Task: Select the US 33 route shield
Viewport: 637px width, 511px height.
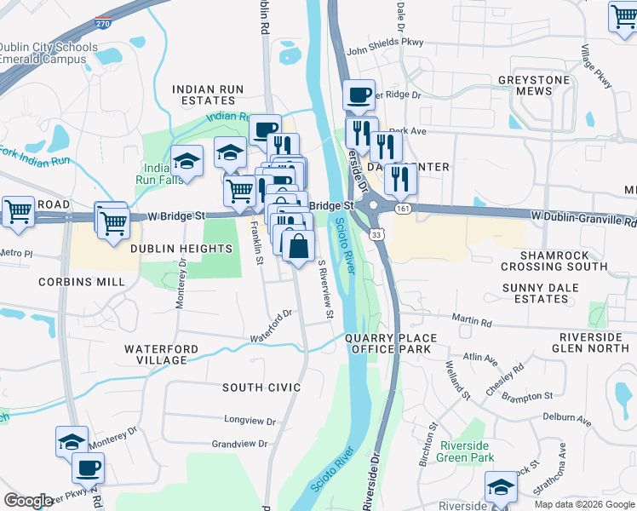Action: (x=377, y=233)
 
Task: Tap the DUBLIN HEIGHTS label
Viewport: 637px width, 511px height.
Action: (x=181, y=248)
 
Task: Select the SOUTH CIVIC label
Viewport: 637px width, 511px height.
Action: (x=261, y=388)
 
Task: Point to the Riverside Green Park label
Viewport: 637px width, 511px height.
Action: (x=468, y=451)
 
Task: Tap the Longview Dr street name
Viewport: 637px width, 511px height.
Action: (x=246, y=419)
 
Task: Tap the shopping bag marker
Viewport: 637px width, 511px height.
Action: (x=298, y=247)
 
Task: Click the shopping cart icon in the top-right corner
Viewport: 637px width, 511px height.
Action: (x=623, y=16)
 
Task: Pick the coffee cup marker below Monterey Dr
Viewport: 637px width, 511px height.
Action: (x=88, y=467)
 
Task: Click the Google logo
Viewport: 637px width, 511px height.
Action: (x=28, y=501)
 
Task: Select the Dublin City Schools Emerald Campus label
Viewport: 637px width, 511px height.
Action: (x=43, y=53)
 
